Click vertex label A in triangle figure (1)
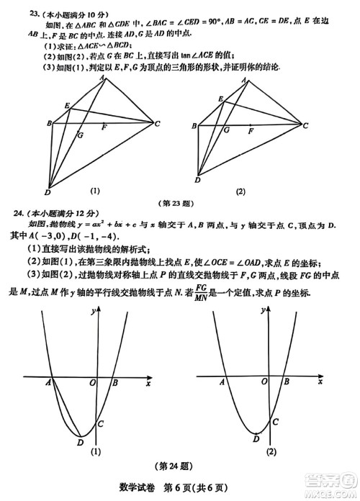(103, 77)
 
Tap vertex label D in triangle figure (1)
(47, 192)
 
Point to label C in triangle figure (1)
(158, 124)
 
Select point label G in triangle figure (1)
(79, 135)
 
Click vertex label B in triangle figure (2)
(195, 126)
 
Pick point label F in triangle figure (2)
(251, 132)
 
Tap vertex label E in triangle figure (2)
(217, 102)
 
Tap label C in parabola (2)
(276, 420)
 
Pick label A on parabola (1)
(48, 384)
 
